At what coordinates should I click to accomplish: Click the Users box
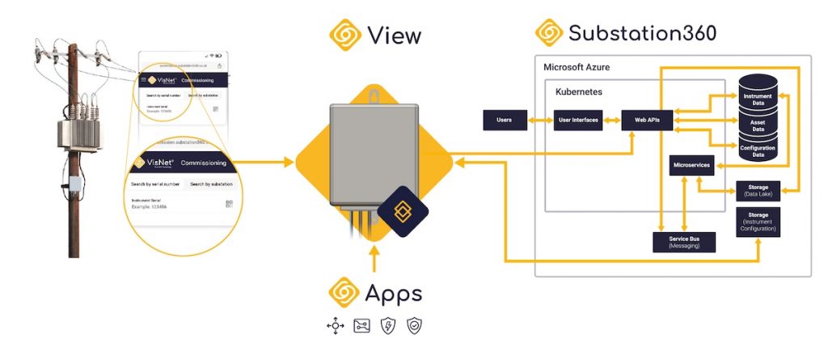(x=505, y=121)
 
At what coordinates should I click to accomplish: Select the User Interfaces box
(x=578, y=121)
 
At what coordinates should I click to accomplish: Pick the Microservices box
(x=691, y=165)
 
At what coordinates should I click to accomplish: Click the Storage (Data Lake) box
(x=758, y=191)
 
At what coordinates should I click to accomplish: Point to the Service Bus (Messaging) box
(x=684, y=242)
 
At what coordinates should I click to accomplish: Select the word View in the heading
(x=394, y=35)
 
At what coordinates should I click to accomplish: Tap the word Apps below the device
(x=394, y=292)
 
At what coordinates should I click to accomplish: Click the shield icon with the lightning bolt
(x=389, y=326)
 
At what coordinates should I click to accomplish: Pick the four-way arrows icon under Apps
(x=335, y=326)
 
